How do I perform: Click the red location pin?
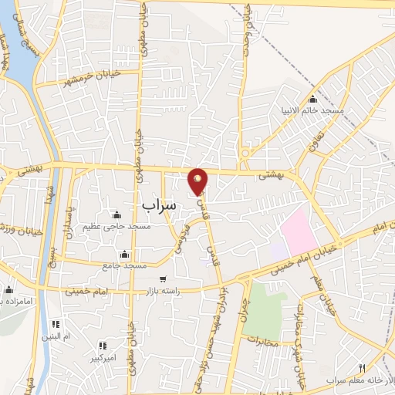[x=198, y=181]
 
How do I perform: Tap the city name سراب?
[x=160, y=204]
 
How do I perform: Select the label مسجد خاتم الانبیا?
[x=312, y=111]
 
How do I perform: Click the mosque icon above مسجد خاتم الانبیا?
[x=312, y=100]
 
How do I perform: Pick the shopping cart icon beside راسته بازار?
[x=163, y=279]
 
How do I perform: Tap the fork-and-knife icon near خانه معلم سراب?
[x=362, y=368]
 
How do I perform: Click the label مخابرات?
[x=261, y=338]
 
